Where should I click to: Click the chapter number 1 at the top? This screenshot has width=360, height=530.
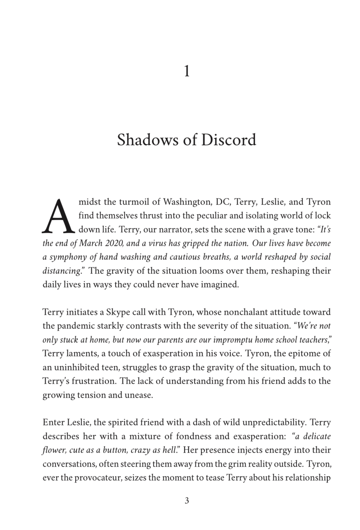pyautogui.click(x=186, y=72)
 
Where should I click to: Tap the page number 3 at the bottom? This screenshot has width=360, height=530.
pyautogui.click(x=186, y=501)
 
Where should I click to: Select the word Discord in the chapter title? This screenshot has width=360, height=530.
pyautogui.click(x=228, y=140)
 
